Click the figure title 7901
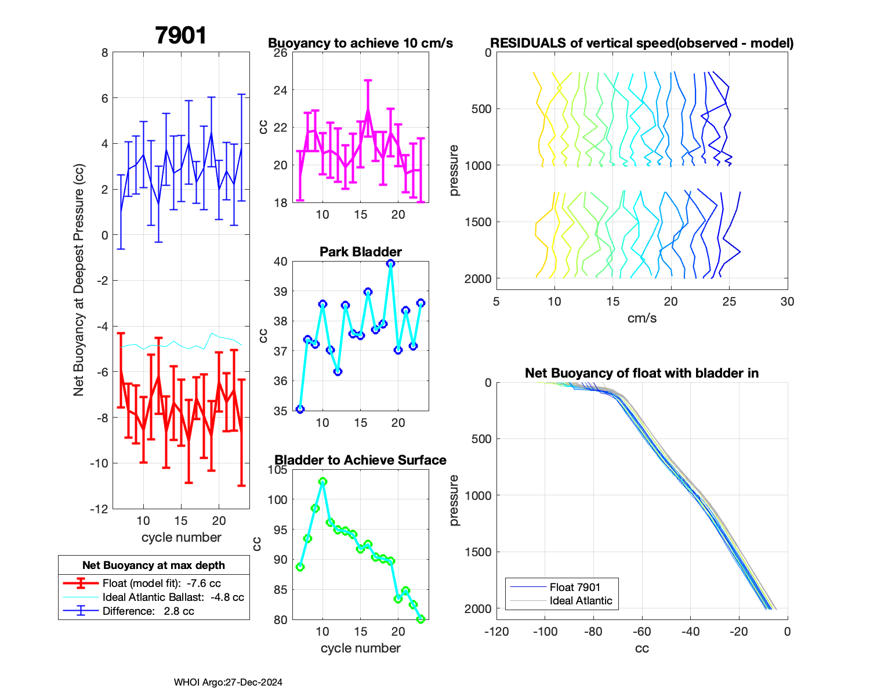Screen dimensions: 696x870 181,36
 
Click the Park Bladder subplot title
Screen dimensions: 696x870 360,252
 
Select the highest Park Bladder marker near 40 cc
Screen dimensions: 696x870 390,263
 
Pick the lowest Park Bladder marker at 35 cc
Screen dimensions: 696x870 300,409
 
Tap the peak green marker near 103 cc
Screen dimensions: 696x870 322,481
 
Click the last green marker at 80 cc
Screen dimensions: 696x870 420,619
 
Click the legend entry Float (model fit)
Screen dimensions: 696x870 161,583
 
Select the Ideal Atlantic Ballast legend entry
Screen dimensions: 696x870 173,597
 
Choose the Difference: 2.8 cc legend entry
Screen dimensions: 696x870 148,611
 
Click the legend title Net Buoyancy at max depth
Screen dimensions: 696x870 154,565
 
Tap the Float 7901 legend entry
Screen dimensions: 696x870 575,587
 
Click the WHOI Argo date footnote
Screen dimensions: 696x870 228,682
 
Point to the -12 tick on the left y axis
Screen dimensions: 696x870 100,509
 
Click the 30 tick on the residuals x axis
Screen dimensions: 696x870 787,302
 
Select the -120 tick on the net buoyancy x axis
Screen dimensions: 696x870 496,632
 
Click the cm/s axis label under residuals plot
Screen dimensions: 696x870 641,318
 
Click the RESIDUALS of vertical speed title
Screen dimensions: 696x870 641,43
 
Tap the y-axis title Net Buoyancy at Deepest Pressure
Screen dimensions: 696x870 78,281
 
